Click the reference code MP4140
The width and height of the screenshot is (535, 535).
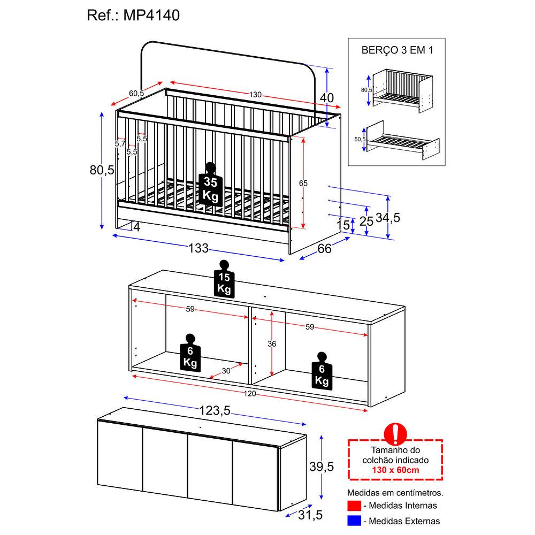[151, 16]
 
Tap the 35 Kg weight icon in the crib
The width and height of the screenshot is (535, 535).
[210, 185]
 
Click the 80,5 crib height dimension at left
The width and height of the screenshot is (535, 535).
[102, 170]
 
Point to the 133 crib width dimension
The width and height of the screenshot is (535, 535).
[198, 248]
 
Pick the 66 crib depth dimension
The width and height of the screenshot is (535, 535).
[324, 248]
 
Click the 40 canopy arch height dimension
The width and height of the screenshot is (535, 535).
[326, 98]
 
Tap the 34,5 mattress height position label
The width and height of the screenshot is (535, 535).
[388, 218]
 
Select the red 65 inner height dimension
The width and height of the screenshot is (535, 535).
[303, 183]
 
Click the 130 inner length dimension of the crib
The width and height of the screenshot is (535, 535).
[255, 95]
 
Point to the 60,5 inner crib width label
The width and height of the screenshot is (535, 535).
[136, 93]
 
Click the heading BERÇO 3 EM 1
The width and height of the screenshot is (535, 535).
[397, 50]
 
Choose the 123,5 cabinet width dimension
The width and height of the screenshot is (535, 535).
[215, 410]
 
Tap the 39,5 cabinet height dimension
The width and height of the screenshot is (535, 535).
[322, 467]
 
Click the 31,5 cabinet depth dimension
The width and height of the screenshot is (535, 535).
[310, 515]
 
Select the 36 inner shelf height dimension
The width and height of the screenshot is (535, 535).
[272, 344]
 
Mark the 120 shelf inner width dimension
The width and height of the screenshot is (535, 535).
[250, 394]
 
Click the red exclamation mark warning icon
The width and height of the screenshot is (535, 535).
[395, 434]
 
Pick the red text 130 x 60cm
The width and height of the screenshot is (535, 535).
[395, 470]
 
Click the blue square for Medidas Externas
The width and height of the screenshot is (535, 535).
[354, 521]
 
